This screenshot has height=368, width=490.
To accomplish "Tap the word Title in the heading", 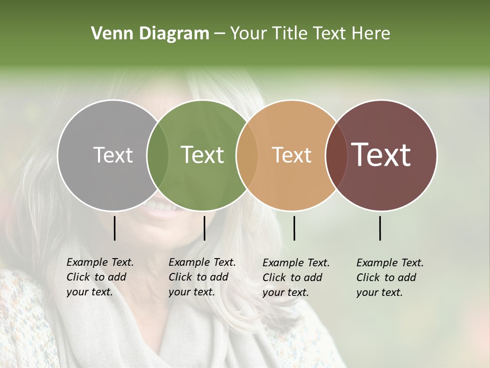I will pyautogui.click(x=290, y=34).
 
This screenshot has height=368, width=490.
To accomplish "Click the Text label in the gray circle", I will pyautogui.click(x=113, y=155).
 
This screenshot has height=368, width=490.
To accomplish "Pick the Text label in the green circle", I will pyautogui.click(x=202, y=155).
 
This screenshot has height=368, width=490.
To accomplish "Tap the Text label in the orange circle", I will pyautogui.click(x=291, y=155).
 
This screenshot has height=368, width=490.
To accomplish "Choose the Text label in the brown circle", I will pyautogui.click(x=381, y=155).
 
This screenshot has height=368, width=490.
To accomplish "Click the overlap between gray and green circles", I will pyautogui.click(x=158, y=155).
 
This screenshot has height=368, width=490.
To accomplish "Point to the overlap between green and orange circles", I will pyautogui.click(x=247, y=155).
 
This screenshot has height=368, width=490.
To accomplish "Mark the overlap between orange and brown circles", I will pyautogui.click(x=336, y=155).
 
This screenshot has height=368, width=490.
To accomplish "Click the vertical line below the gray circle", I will pyautogui.click(x=114, y=228).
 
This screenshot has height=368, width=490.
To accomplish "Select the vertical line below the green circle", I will pyautogui.click(x=204, y=228).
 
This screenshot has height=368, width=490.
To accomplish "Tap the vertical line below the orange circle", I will pyautogui.click(x=294, y=228).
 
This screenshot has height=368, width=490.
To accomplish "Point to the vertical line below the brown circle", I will pyautogui.click(x=380, y=228).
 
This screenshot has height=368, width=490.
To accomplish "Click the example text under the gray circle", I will pyautogui.click(x=100, y=277).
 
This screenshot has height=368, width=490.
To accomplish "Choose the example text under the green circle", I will pyautogui.click(x=202, y=277).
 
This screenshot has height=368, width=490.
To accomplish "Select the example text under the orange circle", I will pyautogui.click(x=296, y=278).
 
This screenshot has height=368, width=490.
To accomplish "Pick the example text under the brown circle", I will pyautogui.click(x=390, y=278).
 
